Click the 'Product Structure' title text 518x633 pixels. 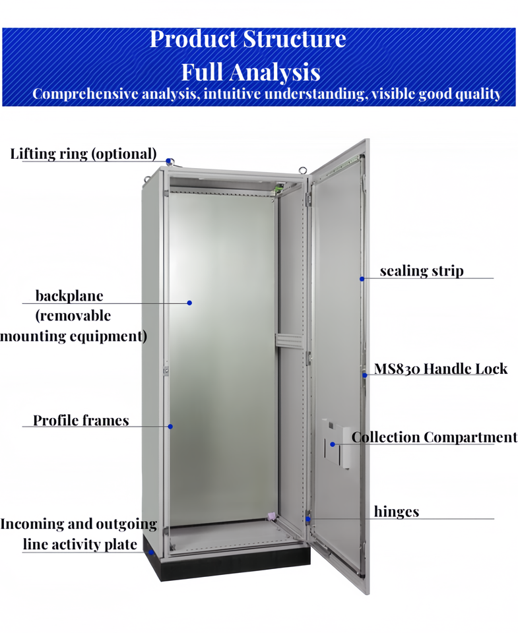(x=247, y=39)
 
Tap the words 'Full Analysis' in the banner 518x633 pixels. (x=251, y=71)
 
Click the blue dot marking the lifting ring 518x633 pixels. (x=170, y=161)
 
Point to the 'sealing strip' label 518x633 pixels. (x=422, y=271)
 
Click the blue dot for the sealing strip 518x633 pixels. (x=362, y=278)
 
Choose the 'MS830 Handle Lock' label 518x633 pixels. (x=441, y=369)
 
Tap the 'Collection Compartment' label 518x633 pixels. (x=434, y=437)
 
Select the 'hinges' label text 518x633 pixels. (x=397, y=512)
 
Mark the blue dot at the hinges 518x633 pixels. (x=308, y=518)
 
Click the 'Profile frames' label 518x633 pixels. (x=81, y=421)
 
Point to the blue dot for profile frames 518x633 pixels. (x=170, y=427)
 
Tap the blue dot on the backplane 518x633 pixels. (x=189, y=303)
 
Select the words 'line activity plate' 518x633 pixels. (x=81, y=544)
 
